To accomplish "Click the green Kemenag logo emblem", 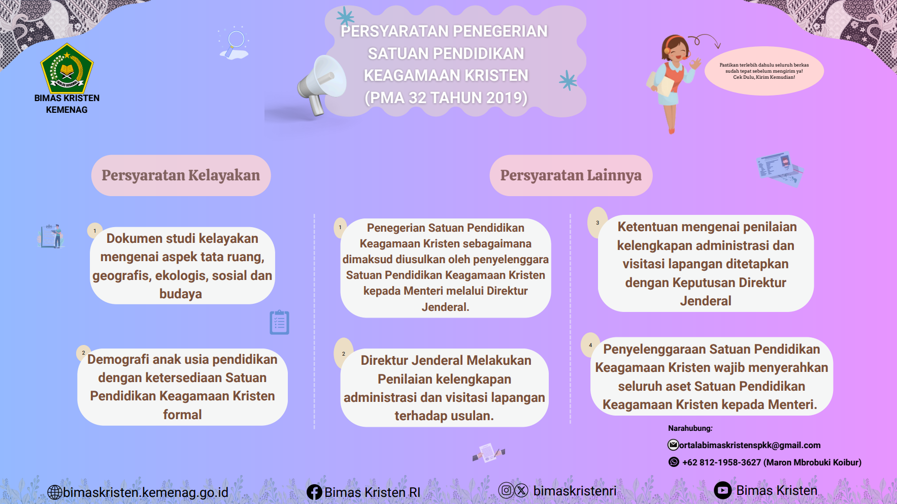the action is (67, 68).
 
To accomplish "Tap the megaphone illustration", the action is (321, 84).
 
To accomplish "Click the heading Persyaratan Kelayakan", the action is (181, 175).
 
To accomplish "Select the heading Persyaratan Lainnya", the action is (571, 175).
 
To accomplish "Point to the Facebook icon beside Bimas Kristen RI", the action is (314, 492).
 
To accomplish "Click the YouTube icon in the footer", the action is (722, 490).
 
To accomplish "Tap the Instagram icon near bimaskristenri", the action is (506, 490).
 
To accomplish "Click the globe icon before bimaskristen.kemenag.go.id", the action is (55, 492).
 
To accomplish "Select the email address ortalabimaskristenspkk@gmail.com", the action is (750, 445).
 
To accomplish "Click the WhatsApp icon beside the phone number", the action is (674, 462).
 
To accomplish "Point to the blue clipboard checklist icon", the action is (279, 322).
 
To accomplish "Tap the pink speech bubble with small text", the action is (764, 71).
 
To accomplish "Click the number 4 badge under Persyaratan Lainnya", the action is (590, 345).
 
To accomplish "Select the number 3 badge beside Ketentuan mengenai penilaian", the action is (597, 223).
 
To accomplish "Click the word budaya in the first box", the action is (181, 294).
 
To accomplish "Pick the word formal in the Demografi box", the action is (182, 415).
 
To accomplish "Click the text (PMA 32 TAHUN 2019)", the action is (446, 98).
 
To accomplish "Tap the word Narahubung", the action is (690, 428).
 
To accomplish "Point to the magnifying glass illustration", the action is (235, 43).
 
